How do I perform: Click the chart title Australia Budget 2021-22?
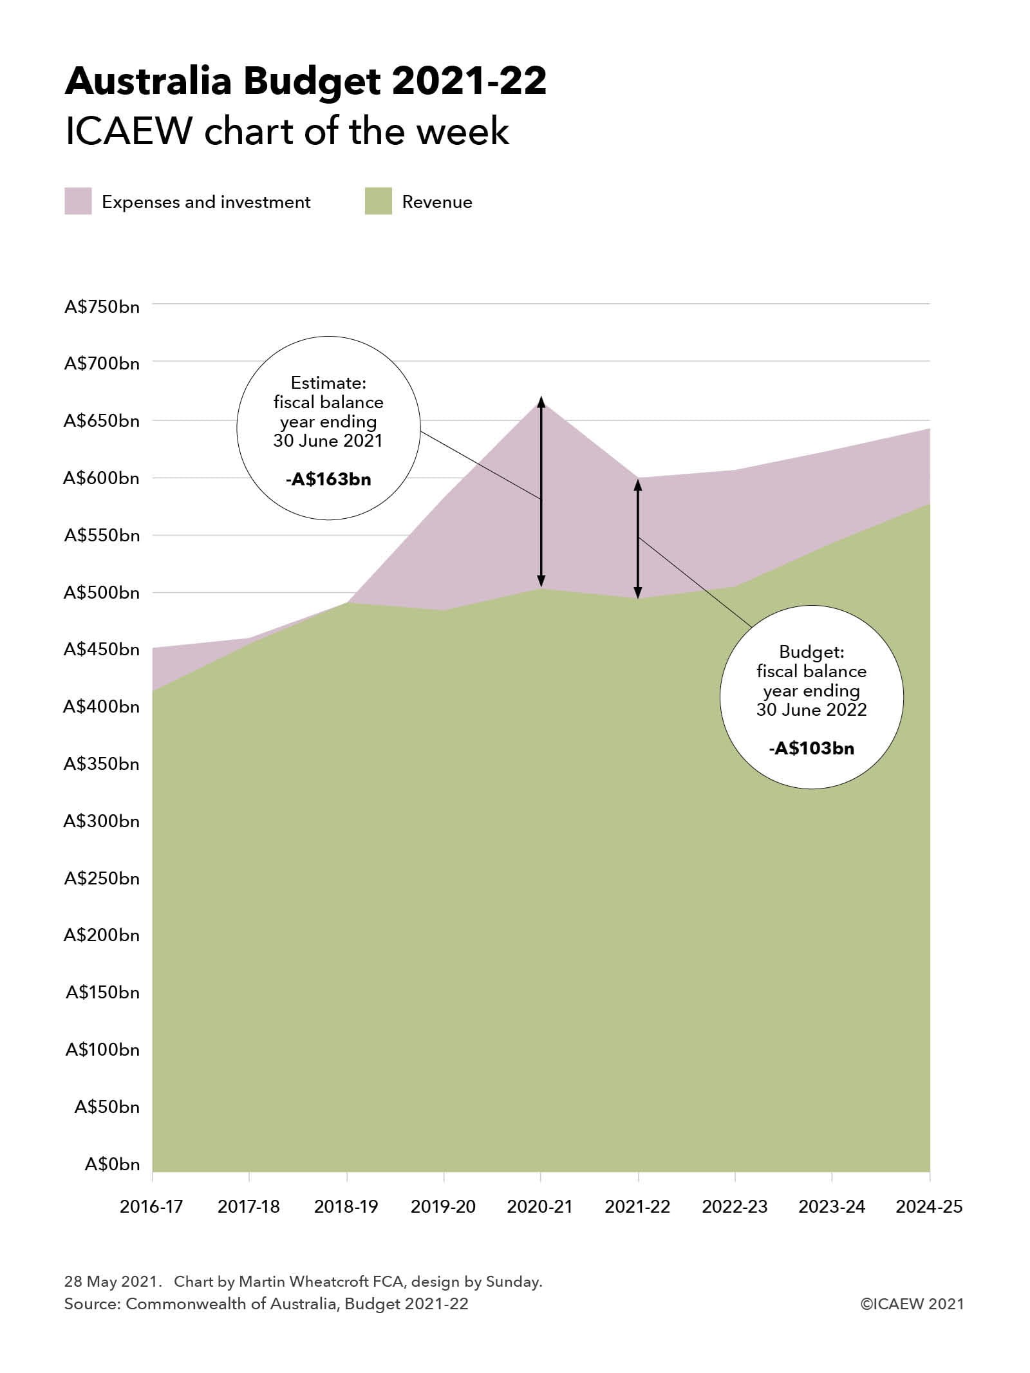click(305, 82)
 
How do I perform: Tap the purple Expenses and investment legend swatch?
click(78, 201)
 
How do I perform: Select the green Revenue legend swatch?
click(378, 201)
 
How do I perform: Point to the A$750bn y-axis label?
click(102, 306)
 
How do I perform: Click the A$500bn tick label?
click(102, 592)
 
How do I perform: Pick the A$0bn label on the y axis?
click(112, 1164)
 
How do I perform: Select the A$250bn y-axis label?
click(102, 878)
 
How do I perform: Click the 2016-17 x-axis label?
click(151, 1206)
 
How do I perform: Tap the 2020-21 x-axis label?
click(539, 1206)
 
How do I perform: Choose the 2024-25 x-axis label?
click(929, 1206)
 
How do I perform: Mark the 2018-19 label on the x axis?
click(346, 1206)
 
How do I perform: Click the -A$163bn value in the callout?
click(328, 480)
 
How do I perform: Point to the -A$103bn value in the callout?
click(811, 749)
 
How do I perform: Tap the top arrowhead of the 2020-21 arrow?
click(541, 402)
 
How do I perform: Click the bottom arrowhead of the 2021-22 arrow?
click(638, 593)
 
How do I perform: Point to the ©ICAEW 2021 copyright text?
click(912, 1304)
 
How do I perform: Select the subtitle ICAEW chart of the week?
click(287, 132)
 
